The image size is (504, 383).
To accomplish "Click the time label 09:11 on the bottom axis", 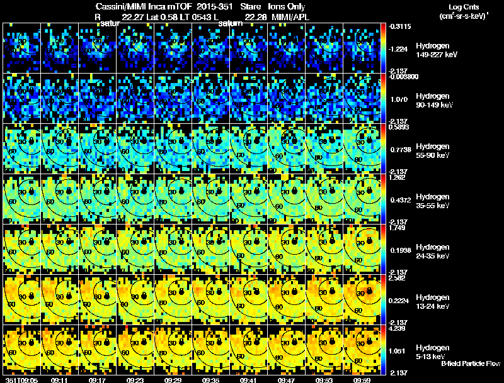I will coord(60,380).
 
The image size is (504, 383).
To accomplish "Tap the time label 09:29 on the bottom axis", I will coord(174,380).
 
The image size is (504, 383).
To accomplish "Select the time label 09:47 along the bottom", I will coord(287,380).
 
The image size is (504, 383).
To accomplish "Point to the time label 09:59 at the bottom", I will coord(362,380).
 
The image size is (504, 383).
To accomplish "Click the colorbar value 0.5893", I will coord(397,126).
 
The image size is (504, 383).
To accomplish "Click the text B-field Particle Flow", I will coord(470,364).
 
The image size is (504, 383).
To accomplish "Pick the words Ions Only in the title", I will coord(287,6).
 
